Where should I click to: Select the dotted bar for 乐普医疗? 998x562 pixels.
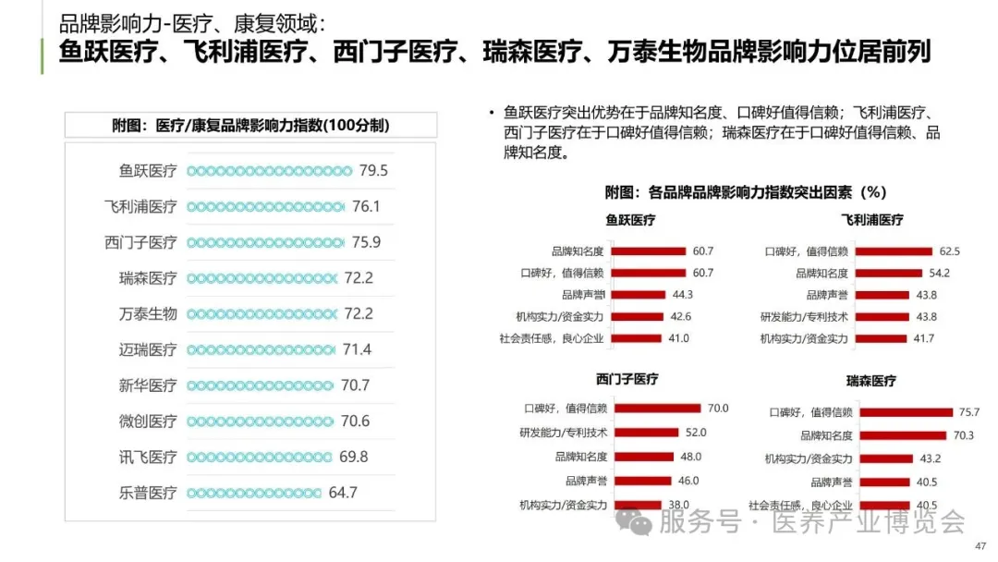(254, 493)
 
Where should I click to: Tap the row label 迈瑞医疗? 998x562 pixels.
(148, 349)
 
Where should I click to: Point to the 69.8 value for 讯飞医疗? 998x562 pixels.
(353, 457)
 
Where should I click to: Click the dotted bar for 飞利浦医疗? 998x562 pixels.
(265, 207)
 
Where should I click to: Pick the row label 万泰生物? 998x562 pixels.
(148, 314)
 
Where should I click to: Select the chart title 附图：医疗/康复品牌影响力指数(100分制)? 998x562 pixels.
(250, 126)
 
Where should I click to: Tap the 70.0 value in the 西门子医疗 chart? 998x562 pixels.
(718, 409)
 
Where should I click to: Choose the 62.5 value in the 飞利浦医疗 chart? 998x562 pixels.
(949, 251)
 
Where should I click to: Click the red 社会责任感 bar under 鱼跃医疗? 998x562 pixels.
(637, 338)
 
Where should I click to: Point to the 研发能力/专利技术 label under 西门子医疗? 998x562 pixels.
(563, 433)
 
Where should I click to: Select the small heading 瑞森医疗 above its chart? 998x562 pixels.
(870, 381)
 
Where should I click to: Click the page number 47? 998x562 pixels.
(980, 546)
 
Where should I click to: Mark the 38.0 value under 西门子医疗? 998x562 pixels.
(679, 505)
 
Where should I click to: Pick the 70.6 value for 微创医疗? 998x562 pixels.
(355, 421)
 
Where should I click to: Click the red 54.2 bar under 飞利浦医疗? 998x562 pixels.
(888, 274)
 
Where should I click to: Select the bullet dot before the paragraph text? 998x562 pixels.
(492, 113)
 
